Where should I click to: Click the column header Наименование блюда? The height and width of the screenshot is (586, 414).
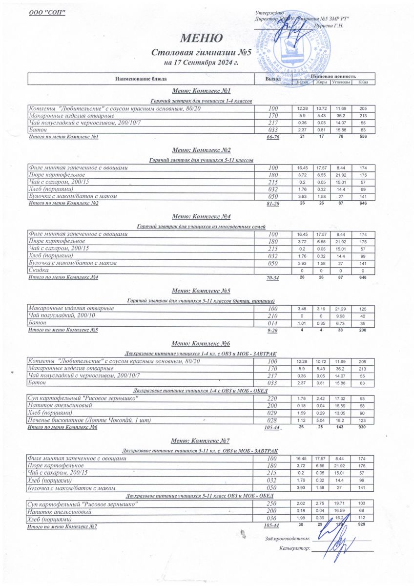141,78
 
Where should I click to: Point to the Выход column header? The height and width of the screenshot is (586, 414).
272,78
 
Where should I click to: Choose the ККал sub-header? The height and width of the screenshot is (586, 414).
363,82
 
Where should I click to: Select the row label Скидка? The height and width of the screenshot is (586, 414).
39,270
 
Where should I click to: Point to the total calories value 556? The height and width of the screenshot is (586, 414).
362,137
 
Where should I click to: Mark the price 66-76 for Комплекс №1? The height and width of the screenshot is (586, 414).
273,138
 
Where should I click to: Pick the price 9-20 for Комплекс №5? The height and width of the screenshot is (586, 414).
273,331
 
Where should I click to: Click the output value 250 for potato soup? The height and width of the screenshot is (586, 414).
273,503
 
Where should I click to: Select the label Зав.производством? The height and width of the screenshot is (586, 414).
288,539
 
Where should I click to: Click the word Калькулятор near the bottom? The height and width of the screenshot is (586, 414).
295,548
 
